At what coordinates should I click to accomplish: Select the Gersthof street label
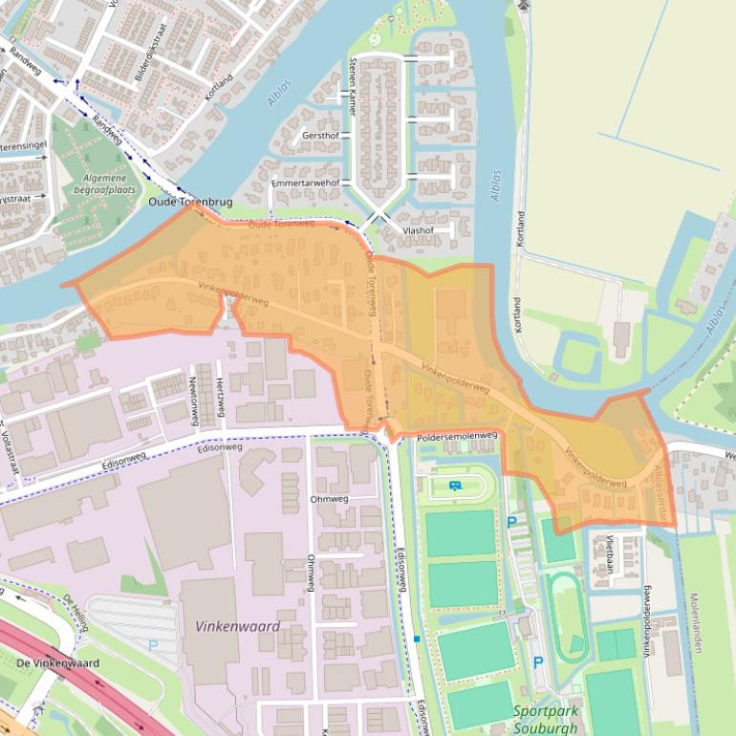320,136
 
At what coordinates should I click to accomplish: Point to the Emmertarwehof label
306,182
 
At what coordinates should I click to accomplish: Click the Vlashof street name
418,230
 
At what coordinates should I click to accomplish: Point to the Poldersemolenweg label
457,436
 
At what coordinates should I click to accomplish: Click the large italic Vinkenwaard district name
238,627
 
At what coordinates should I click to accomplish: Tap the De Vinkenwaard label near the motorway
57,662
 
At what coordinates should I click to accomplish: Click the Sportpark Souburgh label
546,718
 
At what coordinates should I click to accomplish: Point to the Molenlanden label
695,621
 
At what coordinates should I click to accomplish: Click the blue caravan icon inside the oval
454,487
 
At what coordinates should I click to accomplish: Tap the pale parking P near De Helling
153,645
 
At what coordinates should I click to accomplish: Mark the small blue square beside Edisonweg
417,638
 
